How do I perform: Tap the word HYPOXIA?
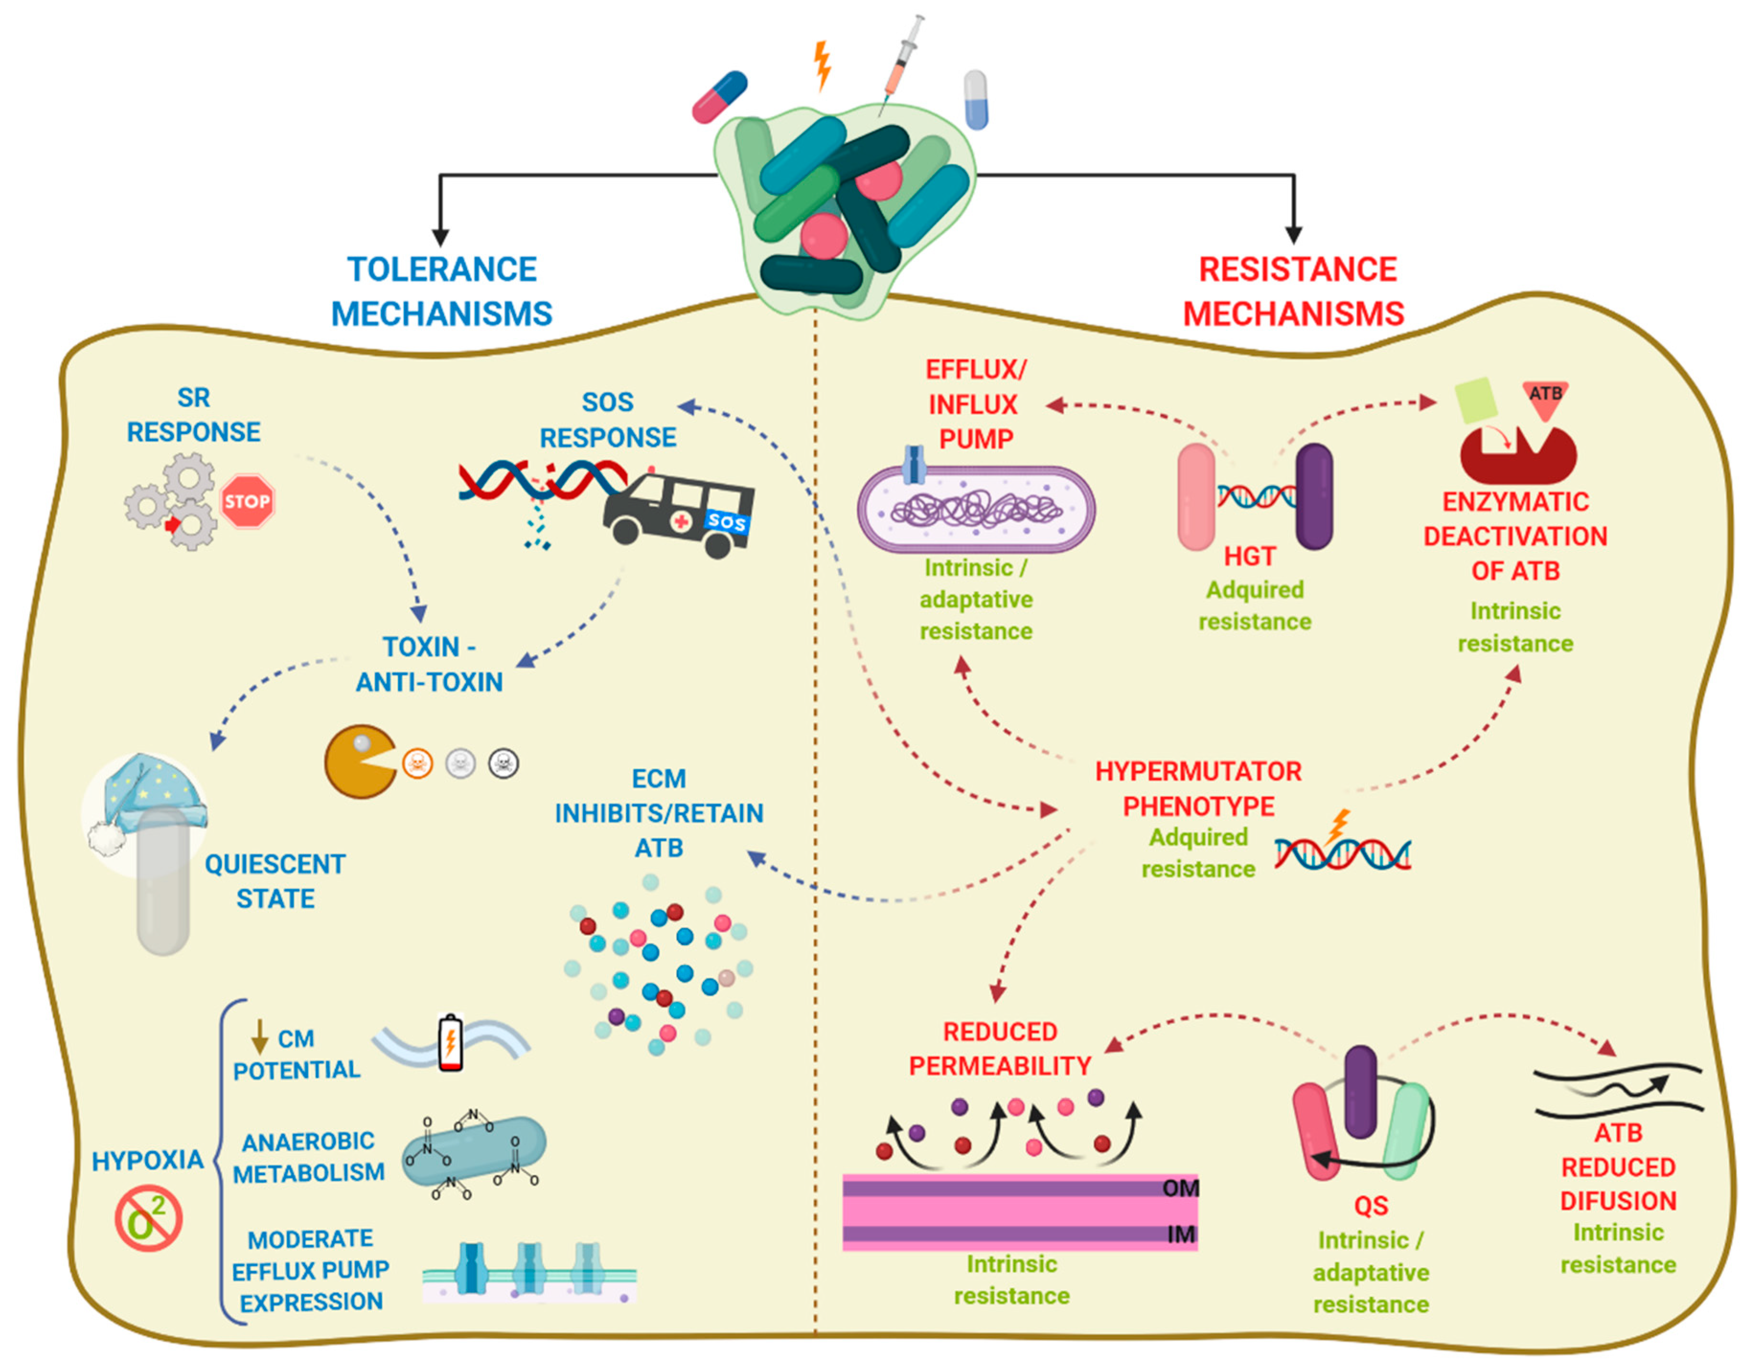click(x=148, y=1160)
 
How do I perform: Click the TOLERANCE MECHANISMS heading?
click(x=442, y=291)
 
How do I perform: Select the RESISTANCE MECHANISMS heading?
click(x=1295, y=291)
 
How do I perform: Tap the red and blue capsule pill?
click(x=719, y=97)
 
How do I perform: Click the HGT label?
click(x=1249, y=556)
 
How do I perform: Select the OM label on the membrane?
click(x=1180, y=1188)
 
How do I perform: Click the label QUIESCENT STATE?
click(x=275, y=881)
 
